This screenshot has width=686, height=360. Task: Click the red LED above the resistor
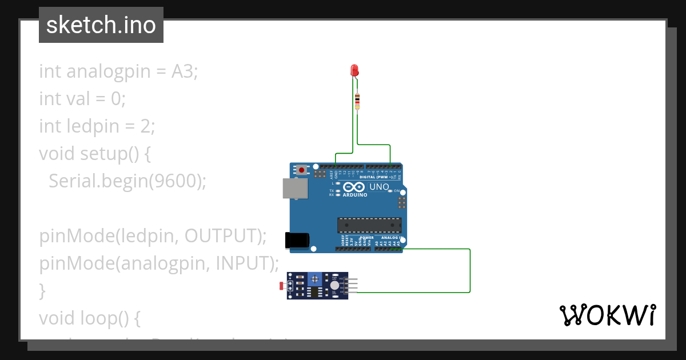pos(354,70)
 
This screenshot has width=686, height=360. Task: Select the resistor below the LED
pos(357,101)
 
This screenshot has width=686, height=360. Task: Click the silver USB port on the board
pos(294,188)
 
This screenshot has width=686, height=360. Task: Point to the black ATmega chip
pos(369,225)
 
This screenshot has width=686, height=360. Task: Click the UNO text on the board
pos(380,187)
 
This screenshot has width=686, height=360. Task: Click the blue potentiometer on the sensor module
pos(314,278)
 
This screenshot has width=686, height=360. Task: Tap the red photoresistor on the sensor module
pos(281,285)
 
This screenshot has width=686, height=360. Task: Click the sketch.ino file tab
pos(101,25)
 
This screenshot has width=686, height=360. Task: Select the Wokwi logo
pos(607,315)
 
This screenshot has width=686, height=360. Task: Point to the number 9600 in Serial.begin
pos(175,181)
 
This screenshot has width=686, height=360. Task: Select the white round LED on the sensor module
pos(334,285)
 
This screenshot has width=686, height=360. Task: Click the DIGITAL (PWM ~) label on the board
pos(376,177)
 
